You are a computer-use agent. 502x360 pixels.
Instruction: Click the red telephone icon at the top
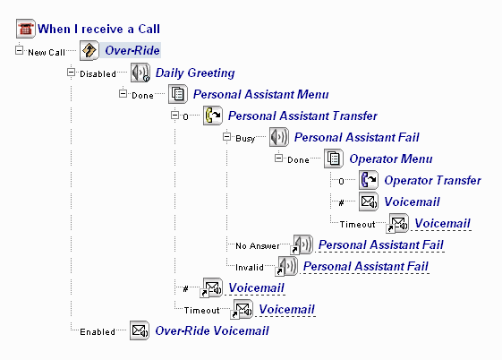pyautogui.click(x=26, y=29)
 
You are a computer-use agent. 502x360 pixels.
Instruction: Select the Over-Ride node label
pyautogui.click(x=132, y=50)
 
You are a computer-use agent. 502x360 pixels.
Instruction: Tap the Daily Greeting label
pyautogui.click(x=195, y=73)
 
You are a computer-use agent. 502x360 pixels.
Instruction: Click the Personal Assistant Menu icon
pyautogui.click(x=178, y=94)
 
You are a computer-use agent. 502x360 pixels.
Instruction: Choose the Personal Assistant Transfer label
pyautogui.click(x=302, y=116)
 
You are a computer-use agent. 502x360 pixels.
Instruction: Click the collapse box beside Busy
pyautogui.click(x=226, y=137)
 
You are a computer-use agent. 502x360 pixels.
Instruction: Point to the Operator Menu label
pyautogui.click(x=391, y=159)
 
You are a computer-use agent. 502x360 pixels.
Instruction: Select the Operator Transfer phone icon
pyautogui.click(x=369, y=180)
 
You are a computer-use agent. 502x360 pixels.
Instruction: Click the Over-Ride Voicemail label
pyautogui.click(x=212, y=330)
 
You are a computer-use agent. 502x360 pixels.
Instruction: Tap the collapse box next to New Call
pyautogui.click(x=19, y=50)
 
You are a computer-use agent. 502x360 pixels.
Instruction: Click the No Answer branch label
pyautogui.click(x=258, y=246)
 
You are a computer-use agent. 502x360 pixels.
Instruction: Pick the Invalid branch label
pyautogui.click(x=250, y=267)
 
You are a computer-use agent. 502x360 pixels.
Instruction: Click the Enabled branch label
pyautogui.click(x=98, y=332)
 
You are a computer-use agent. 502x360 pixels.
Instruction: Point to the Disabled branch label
pyautogui.click(x=98, y=74)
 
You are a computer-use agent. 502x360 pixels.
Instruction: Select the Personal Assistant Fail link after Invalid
pyautogui.click(x=366, y=266)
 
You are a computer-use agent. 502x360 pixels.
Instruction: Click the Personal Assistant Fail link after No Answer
pyautogui.click(x=380, y=244)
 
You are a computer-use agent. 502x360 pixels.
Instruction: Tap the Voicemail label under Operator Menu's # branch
pyautogui.click(x=412, y=201)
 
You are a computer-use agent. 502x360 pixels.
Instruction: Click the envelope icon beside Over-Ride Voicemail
pyautogui.click(x=140, y=330)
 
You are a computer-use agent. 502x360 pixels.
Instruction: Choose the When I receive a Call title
pyautogui.click(x=98, y=29)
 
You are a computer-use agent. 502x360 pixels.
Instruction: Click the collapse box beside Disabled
pyautogui.click(x=71, y=73)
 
